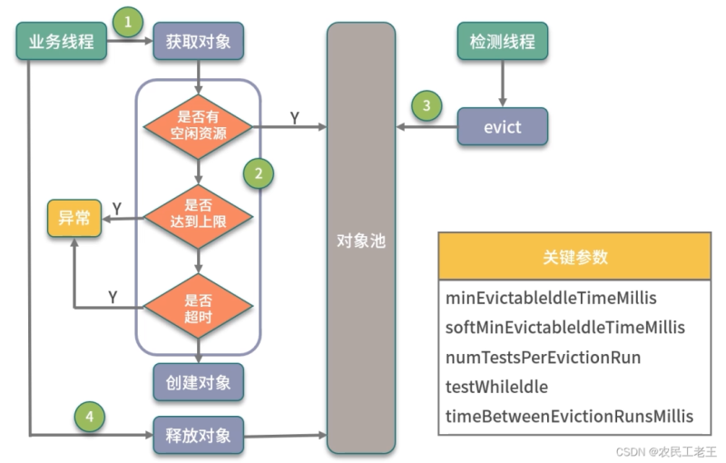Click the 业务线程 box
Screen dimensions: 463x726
point(63,42)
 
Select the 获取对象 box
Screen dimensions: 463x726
point(198,42)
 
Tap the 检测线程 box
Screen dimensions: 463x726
point(502,42)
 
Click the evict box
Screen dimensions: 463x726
point(502,126)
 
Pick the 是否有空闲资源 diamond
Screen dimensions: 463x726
point(198,126)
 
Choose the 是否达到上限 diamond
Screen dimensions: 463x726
point(198,218)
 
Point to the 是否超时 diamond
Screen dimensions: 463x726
point(198,307)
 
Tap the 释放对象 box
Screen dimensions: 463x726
point(198,435)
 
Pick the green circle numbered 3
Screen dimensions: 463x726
point(427,105)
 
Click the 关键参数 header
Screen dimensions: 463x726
point(574,256)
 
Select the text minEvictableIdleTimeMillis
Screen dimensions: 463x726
point(551,298)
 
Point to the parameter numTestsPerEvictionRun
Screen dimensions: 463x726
point(543,357)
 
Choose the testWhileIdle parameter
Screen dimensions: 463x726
point(497,387)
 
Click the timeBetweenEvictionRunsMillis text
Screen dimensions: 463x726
point(569,416)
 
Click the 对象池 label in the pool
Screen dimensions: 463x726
point(360,241)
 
